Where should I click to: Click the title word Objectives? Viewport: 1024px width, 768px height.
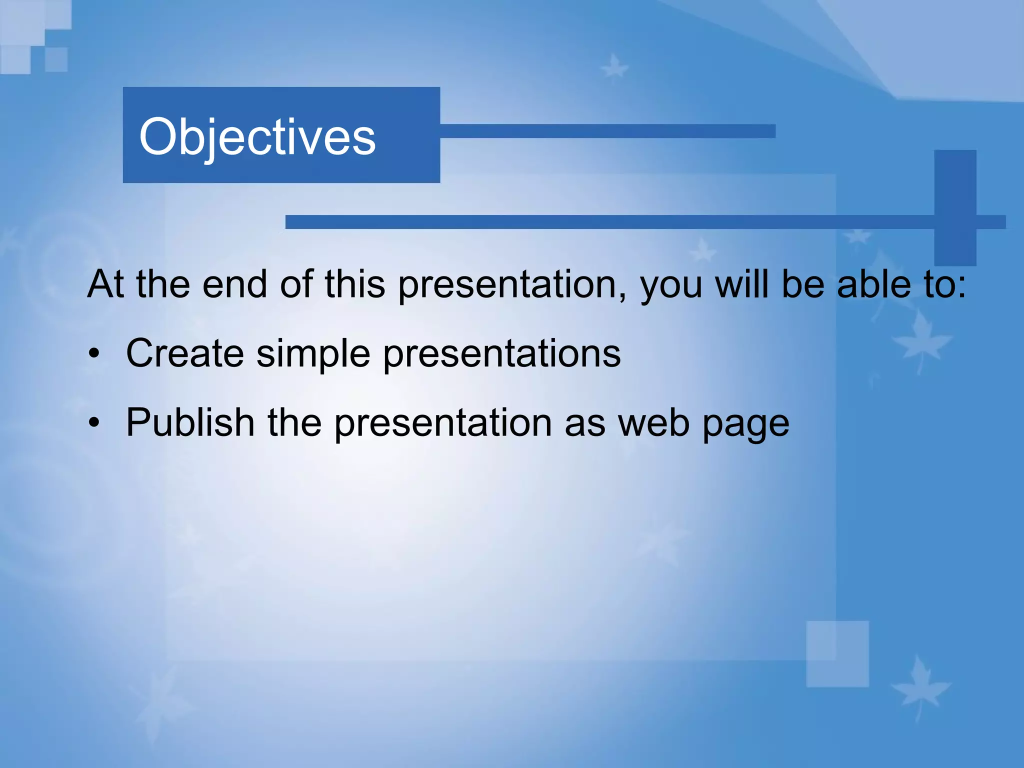257,137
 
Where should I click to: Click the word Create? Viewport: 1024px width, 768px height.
185,353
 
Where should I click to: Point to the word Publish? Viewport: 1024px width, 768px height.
190,422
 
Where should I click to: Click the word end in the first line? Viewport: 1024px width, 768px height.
234,284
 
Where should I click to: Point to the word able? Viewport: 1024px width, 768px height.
874,284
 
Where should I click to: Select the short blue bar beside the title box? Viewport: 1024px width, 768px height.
607,131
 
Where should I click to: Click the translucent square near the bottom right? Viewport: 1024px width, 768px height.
837,654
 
